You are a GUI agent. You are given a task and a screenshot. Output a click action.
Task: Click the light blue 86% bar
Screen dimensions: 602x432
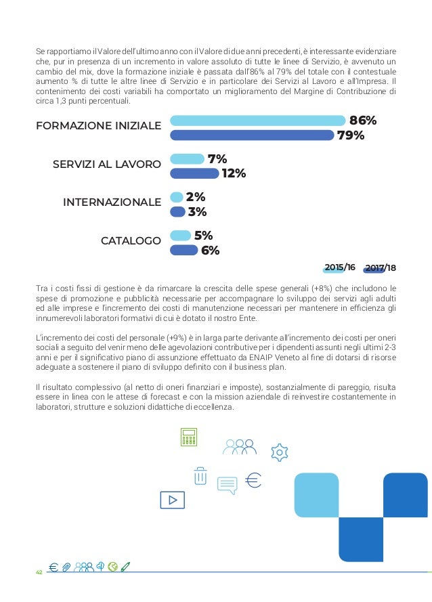(257, 121)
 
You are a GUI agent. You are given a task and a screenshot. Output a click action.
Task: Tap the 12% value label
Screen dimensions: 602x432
(233, 173)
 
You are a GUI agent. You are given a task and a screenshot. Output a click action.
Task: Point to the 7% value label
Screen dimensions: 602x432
(217, 159)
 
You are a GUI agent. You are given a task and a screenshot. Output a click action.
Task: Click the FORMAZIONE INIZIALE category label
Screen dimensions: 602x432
(98, 126)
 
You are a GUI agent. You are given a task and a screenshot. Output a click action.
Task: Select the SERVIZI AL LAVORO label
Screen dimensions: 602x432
(107, 165)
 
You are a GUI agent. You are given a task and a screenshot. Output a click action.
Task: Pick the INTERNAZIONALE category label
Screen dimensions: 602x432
(112, 202)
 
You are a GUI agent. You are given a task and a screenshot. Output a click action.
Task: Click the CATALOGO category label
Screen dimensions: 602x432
(131, 241)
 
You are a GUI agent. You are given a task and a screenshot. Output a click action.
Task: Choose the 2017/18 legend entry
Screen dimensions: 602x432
(380, 268)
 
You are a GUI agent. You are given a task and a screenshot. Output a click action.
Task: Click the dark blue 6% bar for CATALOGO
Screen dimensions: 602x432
(183, 251)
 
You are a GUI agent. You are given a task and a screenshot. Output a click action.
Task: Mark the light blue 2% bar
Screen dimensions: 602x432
(177, 197)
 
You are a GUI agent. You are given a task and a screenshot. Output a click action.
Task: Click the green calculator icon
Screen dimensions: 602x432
(188, 438)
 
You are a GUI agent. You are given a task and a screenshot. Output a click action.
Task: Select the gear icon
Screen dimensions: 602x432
(279, 452)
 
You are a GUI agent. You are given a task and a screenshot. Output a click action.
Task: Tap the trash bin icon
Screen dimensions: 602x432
(200, 476)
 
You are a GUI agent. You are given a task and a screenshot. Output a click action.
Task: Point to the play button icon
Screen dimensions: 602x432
(172, 500)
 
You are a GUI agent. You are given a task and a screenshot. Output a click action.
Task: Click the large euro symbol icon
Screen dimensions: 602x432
(252, 481)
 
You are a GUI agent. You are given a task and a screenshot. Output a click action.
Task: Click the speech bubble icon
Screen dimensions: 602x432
(227, 486)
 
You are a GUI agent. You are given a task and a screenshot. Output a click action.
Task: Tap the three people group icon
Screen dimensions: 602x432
(239, 447)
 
